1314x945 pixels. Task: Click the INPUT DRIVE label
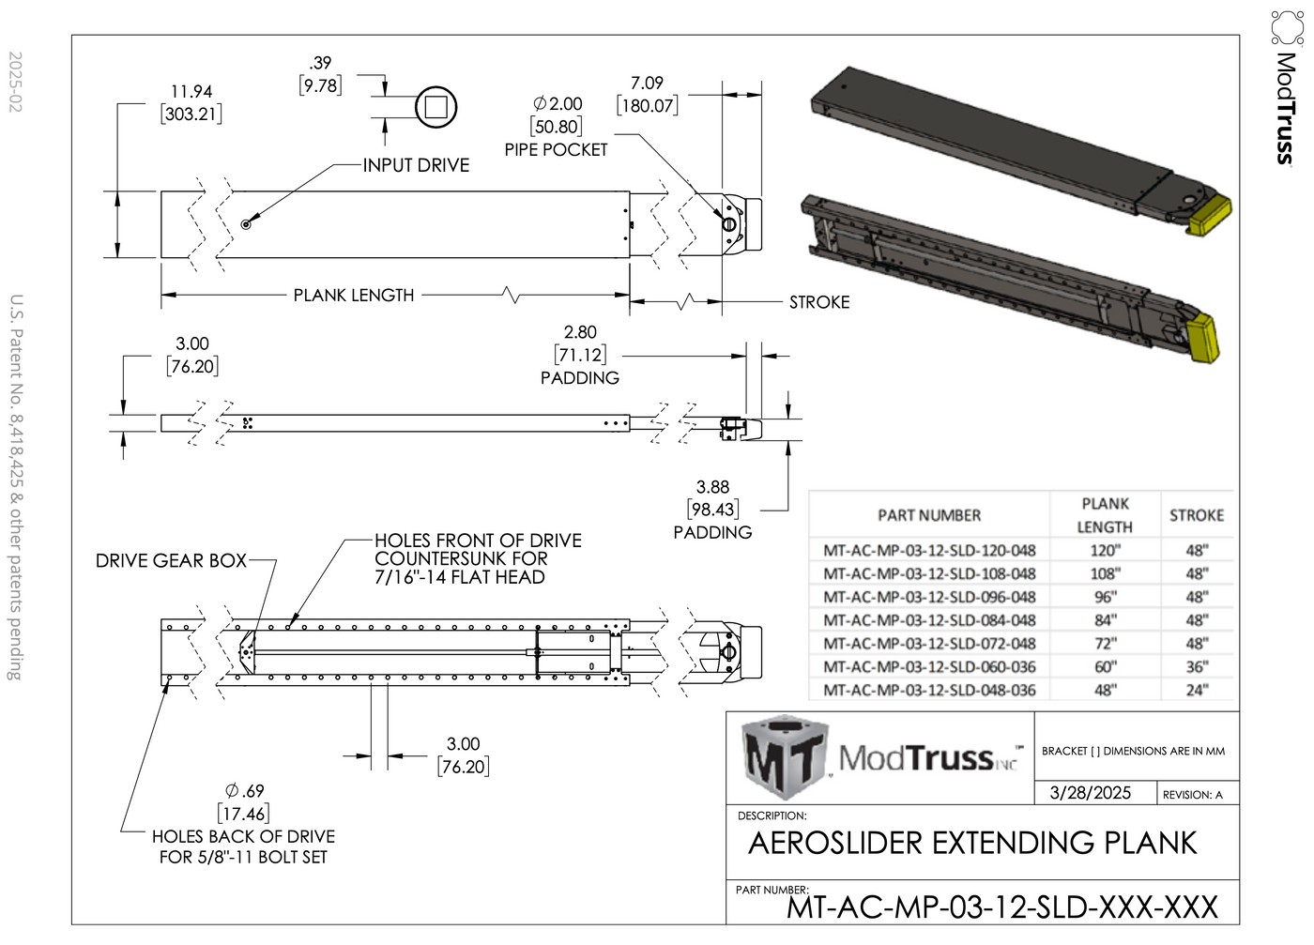point(416,165)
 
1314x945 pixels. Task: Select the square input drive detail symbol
point(435,107)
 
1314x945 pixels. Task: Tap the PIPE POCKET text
point(556,150)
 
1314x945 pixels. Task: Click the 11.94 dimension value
point(191,92)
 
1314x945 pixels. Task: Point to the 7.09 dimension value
point(647,84)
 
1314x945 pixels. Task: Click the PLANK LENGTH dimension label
point(353,296)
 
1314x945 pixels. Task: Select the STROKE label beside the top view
point(818,302)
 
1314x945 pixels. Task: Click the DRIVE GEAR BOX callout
point(171,561)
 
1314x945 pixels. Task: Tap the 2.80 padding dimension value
point(580,332)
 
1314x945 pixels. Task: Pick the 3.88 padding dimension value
point(712,487)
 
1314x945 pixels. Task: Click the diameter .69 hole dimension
point(244,791)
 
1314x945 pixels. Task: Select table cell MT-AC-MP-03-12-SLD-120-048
point(929,551)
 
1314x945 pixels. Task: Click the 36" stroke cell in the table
point(1196,667)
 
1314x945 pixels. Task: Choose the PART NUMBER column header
point(929,515)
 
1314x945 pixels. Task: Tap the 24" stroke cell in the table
point(1196,691)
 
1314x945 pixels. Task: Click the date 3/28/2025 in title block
point(1090,793)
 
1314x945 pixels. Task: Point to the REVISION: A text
point(1192,795)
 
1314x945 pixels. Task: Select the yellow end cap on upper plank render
point(1209,214)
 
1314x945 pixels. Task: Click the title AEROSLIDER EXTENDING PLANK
point(972,843)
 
